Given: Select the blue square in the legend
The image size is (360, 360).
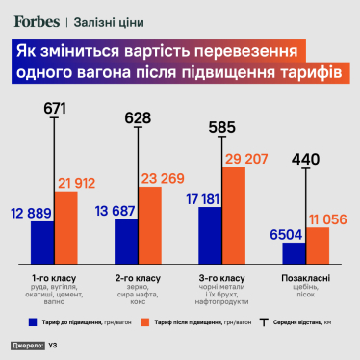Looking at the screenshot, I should pyautogui.click(x=32, y=321).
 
